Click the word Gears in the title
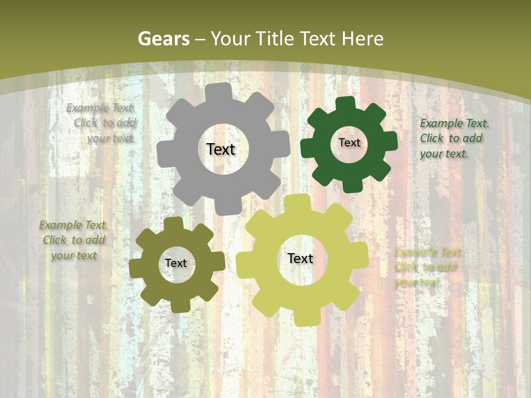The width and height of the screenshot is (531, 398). [x=163, y=39]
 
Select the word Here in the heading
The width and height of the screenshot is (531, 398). [x=363, y=39]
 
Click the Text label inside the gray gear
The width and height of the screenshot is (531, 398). [x=221, y=149]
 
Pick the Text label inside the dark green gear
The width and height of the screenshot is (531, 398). [x=349, y=143]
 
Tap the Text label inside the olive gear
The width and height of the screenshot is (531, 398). [x=176, y=263]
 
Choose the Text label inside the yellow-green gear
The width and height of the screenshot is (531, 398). [x=300, y=258]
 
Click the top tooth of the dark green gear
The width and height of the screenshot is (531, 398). [x=345, y=104]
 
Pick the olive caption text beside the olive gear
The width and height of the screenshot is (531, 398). [x=74, y=240]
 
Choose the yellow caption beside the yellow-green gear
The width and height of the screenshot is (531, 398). [x=428, y=267]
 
